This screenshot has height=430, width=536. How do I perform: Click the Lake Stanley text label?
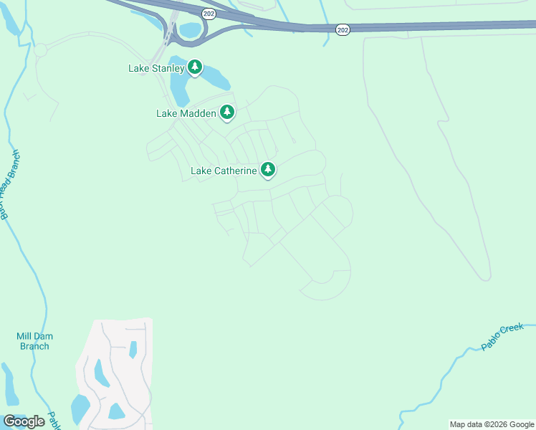click(x=157, y=69)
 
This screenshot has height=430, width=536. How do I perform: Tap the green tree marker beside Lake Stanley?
click(x=195, y=67)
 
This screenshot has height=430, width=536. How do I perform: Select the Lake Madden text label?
click(x=186, y=113)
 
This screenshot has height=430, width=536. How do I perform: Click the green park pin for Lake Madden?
click(x=227, y=112)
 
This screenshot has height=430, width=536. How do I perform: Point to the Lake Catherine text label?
click(x=224, y=171)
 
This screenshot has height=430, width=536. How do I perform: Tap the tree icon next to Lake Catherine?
click(x=268, y=169)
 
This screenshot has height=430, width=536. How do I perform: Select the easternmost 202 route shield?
click(x=343, y=28)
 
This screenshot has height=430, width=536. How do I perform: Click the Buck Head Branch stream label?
click(x=9, y=185)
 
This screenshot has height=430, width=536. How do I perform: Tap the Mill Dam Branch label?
click(x=34, y=341)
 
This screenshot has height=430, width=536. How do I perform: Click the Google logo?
click(x=24, y=421)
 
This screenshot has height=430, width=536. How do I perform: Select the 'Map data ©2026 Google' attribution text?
click(x=492, y=424)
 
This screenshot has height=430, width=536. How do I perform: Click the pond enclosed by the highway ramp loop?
click(x=191, y=30)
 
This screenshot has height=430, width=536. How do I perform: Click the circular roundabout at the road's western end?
click(x=39, y=50)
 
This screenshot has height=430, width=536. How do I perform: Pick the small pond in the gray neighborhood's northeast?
click(x=133, y=349)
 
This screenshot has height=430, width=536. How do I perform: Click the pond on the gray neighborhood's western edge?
click(x=98, y=372)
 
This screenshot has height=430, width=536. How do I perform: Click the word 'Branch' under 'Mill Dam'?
click(x=34, y=346)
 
